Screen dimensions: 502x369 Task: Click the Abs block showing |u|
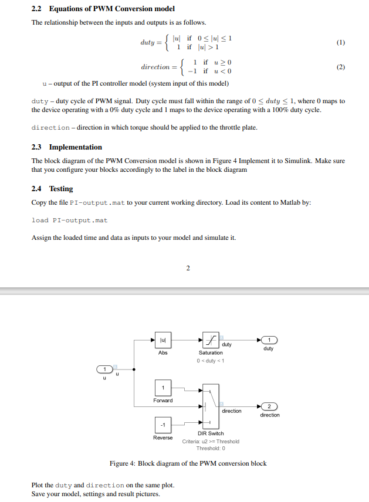click(163, 340)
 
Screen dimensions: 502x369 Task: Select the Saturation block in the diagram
click(211, 340)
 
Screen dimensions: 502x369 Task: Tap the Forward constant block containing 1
click(163, 388)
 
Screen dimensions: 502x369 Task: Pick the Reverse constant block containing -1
click(163, 425)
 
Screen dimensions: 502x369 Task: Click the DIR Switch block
click(211, 406)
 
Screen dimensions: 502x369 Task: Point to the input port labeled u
click(104, 369)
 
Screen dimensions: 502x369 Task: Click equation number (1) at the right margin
click(341, 43)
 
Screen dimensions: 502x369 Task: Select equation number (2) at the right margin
click(341, 67)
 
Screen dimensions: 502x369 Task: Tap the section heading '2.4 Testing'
click(52, 189)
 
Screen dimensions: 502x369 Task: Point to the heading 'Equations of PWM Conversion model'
click(111, 9)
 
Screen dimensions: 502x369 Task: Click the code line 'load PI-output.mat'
click(69, 221)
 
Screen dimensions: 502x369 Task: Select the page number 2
click(188, 269)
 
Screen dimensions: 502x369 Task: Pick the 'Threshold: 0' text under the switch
click(211, 449)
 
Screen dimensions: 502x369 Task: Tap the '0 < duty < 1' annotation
click(211, 360)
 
